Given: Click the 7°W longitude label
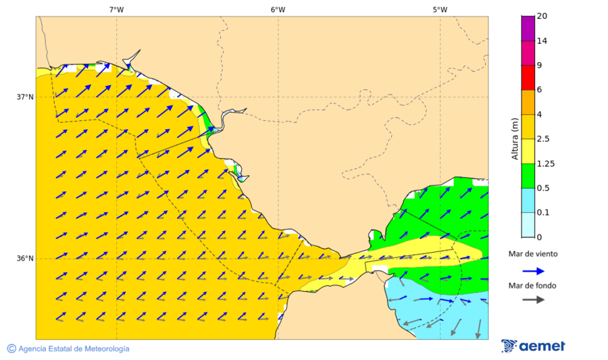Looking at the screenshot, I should [116, 9].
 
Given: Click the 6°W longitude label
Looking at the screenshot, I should [278, 9].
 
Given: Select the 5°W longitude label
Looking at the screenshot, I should [440, 9].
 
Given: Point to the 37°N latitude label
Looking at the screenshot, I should [25, 97].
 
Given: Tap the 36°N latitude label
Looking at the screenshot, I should [25, 259].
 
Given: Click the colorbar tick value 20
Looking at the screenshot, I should [542, 16].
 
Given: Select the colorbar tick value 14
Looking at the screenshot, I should [542, 41].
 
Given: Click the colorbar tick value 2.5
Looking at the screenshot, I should [542, 139].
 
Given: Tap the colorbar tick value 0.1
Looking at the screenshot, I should [542, 213].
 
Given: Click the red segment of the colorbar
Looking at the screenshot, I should [527, 77].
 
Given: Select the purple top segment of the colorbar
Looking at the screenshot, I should [527, 28].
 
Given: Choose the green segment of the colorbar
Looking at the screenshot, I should [527, 176].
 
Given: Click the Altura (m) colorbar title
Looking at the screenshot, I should [515, 139].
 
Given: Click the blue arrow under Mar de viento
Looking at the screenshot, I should [533, 271].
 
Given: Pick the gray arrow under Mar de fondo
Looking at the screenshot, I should [533, 299].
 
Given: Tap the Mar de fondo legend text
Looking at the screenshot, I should [533, 286].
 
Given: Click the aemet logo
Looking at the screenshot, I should [534, 346].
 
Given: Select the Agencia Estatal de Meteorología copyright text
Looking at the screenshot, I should [68, 349].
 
